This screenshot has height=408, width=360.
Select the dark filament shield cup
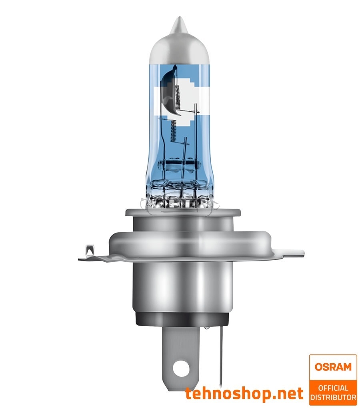click(x=168, y=90)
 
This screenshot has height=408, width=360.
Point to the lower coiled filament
click(x=172, y=132)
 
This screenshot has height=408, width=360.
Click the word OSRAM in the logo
click(x=333, y=367)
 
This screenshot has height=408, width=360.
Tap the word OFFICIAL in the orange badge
click(x=333, y=387)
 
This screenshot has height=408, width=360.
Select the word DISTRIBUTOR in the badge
click(x=333, y=398)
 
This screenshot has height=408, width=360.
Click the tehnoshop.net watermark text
click(x=244, y=394)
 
